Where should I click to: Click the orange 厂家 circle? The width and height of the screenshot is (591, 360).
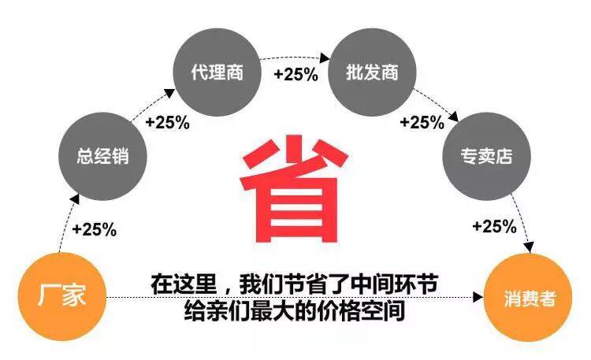[61, 298]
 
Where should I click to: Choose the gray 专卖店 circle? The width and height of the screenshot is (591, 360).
[486, 156]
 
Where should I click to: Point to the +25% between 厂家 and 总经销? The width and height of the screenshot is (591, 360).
[94, 230]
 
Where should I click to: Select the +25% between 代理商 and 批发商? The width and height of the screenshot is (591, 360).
[295, 75]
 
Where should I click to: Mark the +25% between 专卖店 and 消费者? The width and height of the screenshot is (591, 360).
[494, 227]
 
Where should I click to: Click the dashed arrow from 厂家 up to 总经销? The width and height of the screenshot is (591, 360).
[63, 228]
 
